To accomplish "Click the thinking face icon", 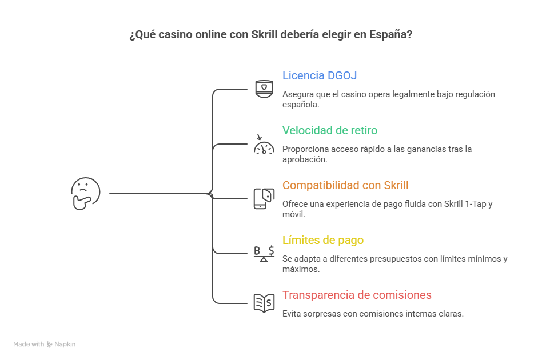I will pos(86,193).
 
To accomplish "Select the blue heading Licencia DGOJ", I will pos(320,75).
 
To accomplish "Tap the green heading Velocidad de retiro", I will pos(330,130).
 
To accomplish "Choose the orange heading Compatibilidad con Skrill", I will pos(345,185).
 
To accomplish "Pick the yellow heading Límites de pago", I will pos(323,240).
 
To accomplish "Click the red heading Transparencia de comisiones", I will pos(357,295).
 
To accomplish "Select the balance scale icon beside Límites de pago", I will pos(264,253).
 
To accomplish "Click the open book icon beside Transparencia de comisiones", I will pos(264,303).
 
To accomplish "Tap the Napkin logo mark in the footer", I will pos(50,345).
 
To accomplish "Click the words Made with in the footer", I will pos(29,345).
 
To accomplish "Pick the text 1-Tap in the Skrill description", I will pos(477,204).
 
